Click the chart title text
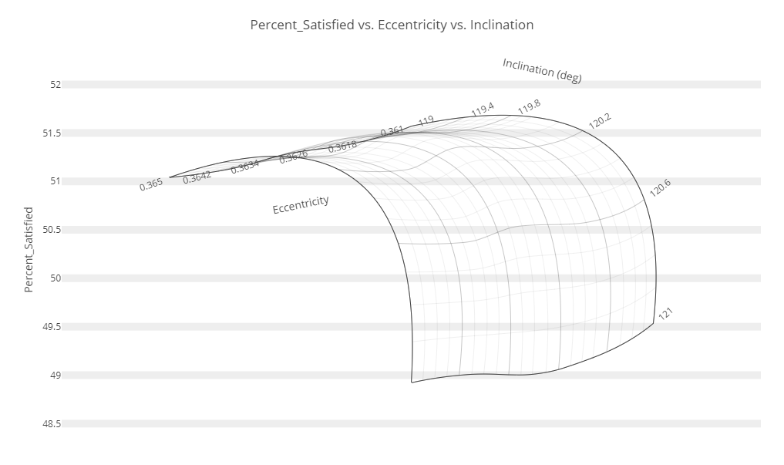pyautogui.click(x=392, y=25)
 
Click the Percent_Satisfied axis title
pyautogui.click(x=29, y=249)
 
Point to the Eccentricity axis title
pyautogui.click(x=301, y=204)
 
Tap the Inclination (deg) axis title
pyautogui.click(x=542, y=69)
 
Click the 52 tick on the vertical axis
pyautogui.click(x=55, y=85)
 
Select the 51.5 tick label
pyautogui.click(x=51, y=133)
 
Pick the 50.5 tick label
pyautogui.click(x=51, y=230)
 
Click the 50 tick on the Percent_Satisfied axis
pyautogui.click(x=55, y=278)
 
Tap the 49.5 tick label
pyautogui.click(x=51, y=327)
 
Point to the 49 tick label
pyautogui.click(x=55, y=376)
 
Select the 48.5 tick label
pyautogui.click(x=51, y=424)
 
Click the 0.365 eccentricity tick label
pyautogui.click(x=151, y=184)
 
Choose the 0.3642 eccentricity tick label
pyautogui.click(x=197, y=176)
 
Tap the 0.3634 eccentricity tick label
pyautogui.click(x=244, y=166)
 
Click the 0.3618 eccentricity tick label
pyautogui.click(x=342, y=146)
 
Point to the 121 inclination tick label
pyautogui.click(x=666, y=313)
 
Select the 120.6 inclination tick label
pyautogui.click(x=661, y=188)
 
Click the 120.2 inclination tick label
pyautogui.click(x=600, y=121)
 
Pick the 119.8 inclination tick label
pyautogui.click(x=530, y=107)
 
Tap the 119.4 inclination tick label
pyautogui.click(x=483, y=110)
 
